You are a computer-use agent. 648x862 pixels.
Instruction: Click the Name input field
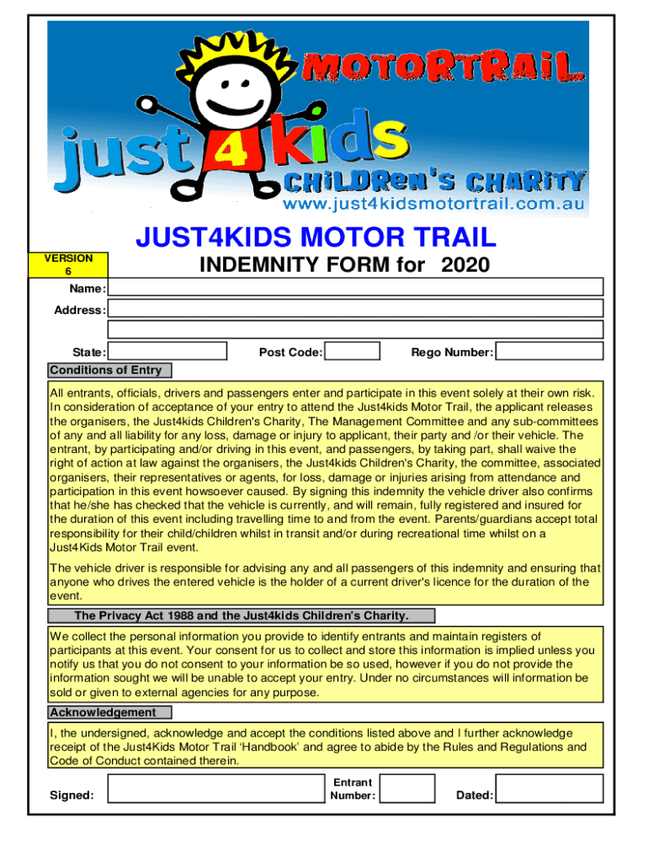(356, 286)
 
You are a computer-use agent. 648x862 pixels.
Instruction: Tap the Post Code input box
(352, 351)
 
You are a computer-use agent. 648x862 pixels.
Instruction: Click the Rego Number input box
(549, 351)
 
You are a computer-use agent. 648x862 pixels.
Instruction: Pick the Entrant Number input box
(407, 789)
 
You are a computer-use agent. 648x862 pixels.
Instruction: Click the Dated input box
(549, 789)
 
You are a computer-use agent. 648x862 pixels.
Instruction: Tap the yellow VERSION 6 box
(68, 264)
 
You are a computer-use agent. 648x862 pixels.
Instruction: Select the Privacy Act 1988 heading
(241, 615)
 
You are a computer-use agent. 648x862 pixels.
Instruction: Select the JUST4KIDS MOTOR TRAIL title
(316, 237)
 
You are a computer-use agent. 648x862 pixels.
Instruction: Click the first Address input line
(356, 309)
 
